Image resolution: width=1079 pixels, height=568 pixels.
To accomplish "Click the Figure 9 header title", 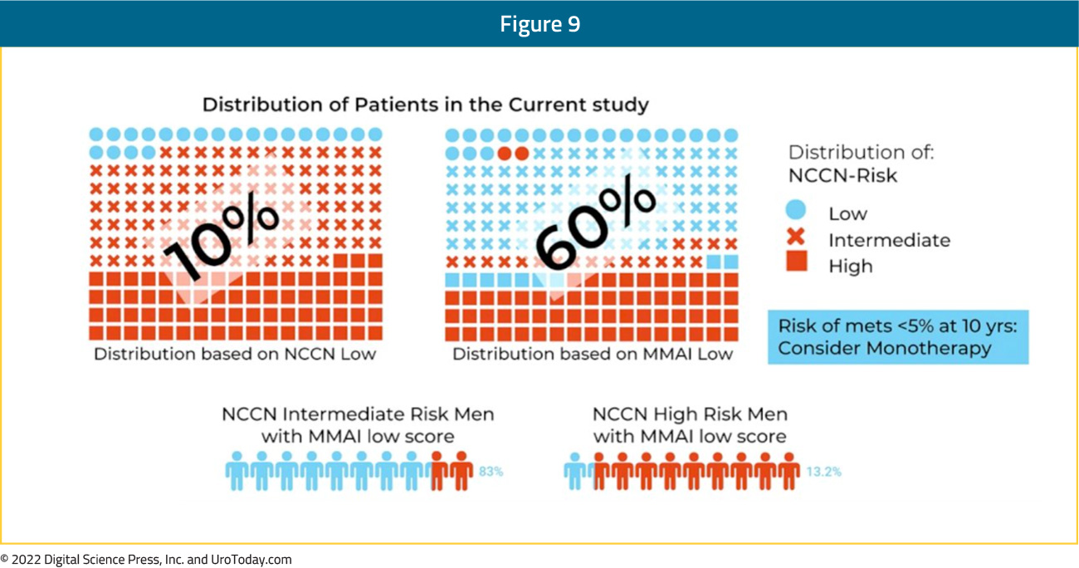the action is tap(540, 23).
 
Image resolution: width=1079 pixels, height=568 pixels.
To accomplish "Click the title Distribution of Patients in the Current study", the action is tap(425, 105).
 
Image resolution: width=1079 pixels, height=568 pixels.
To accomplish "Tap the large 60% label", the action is tap(596, 223).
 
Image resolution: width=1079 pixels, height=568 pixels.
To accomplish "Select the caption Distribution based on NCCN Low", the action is tap(235, 354).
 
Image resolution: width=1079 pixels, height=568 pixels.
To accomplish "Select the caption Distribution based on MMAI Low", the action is tap(593, 354).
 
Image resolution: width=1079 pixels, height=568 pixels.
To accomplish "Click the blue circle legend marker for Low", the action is tap(795, 210).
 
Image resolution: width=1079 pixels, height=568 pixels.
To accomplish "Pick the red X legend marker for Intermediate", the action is tap(796, 237).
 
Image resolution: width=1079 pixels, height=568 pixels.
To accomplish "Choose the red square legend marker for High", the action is tap(796, 261).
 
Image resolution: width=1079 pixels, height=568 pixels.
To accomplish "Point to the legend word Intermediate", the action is tap(889, 240).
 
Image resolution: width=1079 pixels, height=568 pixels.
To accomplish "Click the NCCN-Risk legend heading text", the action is tap(842, 175).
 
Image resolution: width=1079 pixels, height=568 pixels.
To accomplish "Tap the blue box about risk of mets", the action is tap(898, 337).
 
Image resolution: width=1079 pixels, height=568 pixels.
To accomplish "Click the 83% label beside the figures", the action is tap(491, 472).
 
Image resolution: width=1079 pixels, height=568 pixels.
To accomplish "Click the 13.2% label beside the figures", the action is tap(823, 472).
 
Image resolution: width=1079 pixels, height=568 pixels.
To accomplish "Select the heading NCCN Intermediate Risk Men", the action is tap(358, 414).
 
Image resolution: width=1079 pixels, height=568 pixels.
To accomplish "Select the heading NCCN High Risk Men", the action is tap(690, 414).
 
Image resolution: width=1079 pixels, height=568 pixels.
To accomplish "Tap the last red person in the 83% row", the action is tap(461, 471).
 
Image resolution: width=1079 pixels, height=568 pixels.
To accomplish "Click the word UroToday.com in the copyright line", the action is tap(251, 560).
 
